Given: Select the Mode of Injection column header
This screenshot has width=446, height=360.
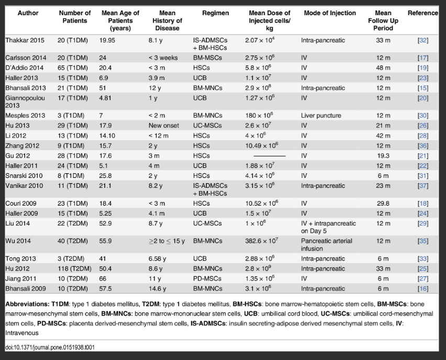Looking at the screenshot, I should coord(329,13).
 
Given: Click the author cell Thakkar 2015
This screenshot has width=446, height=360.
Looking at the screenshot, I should coord(25,40).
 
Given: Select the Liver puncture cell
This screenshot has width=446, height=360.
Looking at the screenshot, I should coord(321,116).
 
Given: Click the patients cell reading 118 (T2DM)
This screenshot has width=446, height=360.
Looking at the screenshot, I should coord(75,268).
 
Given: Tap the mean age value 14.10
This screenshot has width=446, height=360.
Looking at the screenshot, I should coord(108,135).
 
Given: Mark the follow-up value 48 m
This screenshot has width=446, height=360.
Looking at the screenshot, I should coord(383,67).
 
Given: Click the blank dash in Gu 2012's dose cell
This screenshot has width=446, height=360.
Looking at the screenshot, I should coord(265,156).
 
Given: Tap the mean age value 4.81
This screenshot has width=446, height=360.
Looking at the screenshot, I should coord(106,97).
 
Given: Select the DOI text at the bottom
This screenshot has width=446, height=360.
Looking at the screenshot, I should coord(50,347).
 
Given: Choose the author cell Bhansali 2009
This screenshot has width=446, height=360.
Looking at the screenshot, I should coord(25,288).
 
